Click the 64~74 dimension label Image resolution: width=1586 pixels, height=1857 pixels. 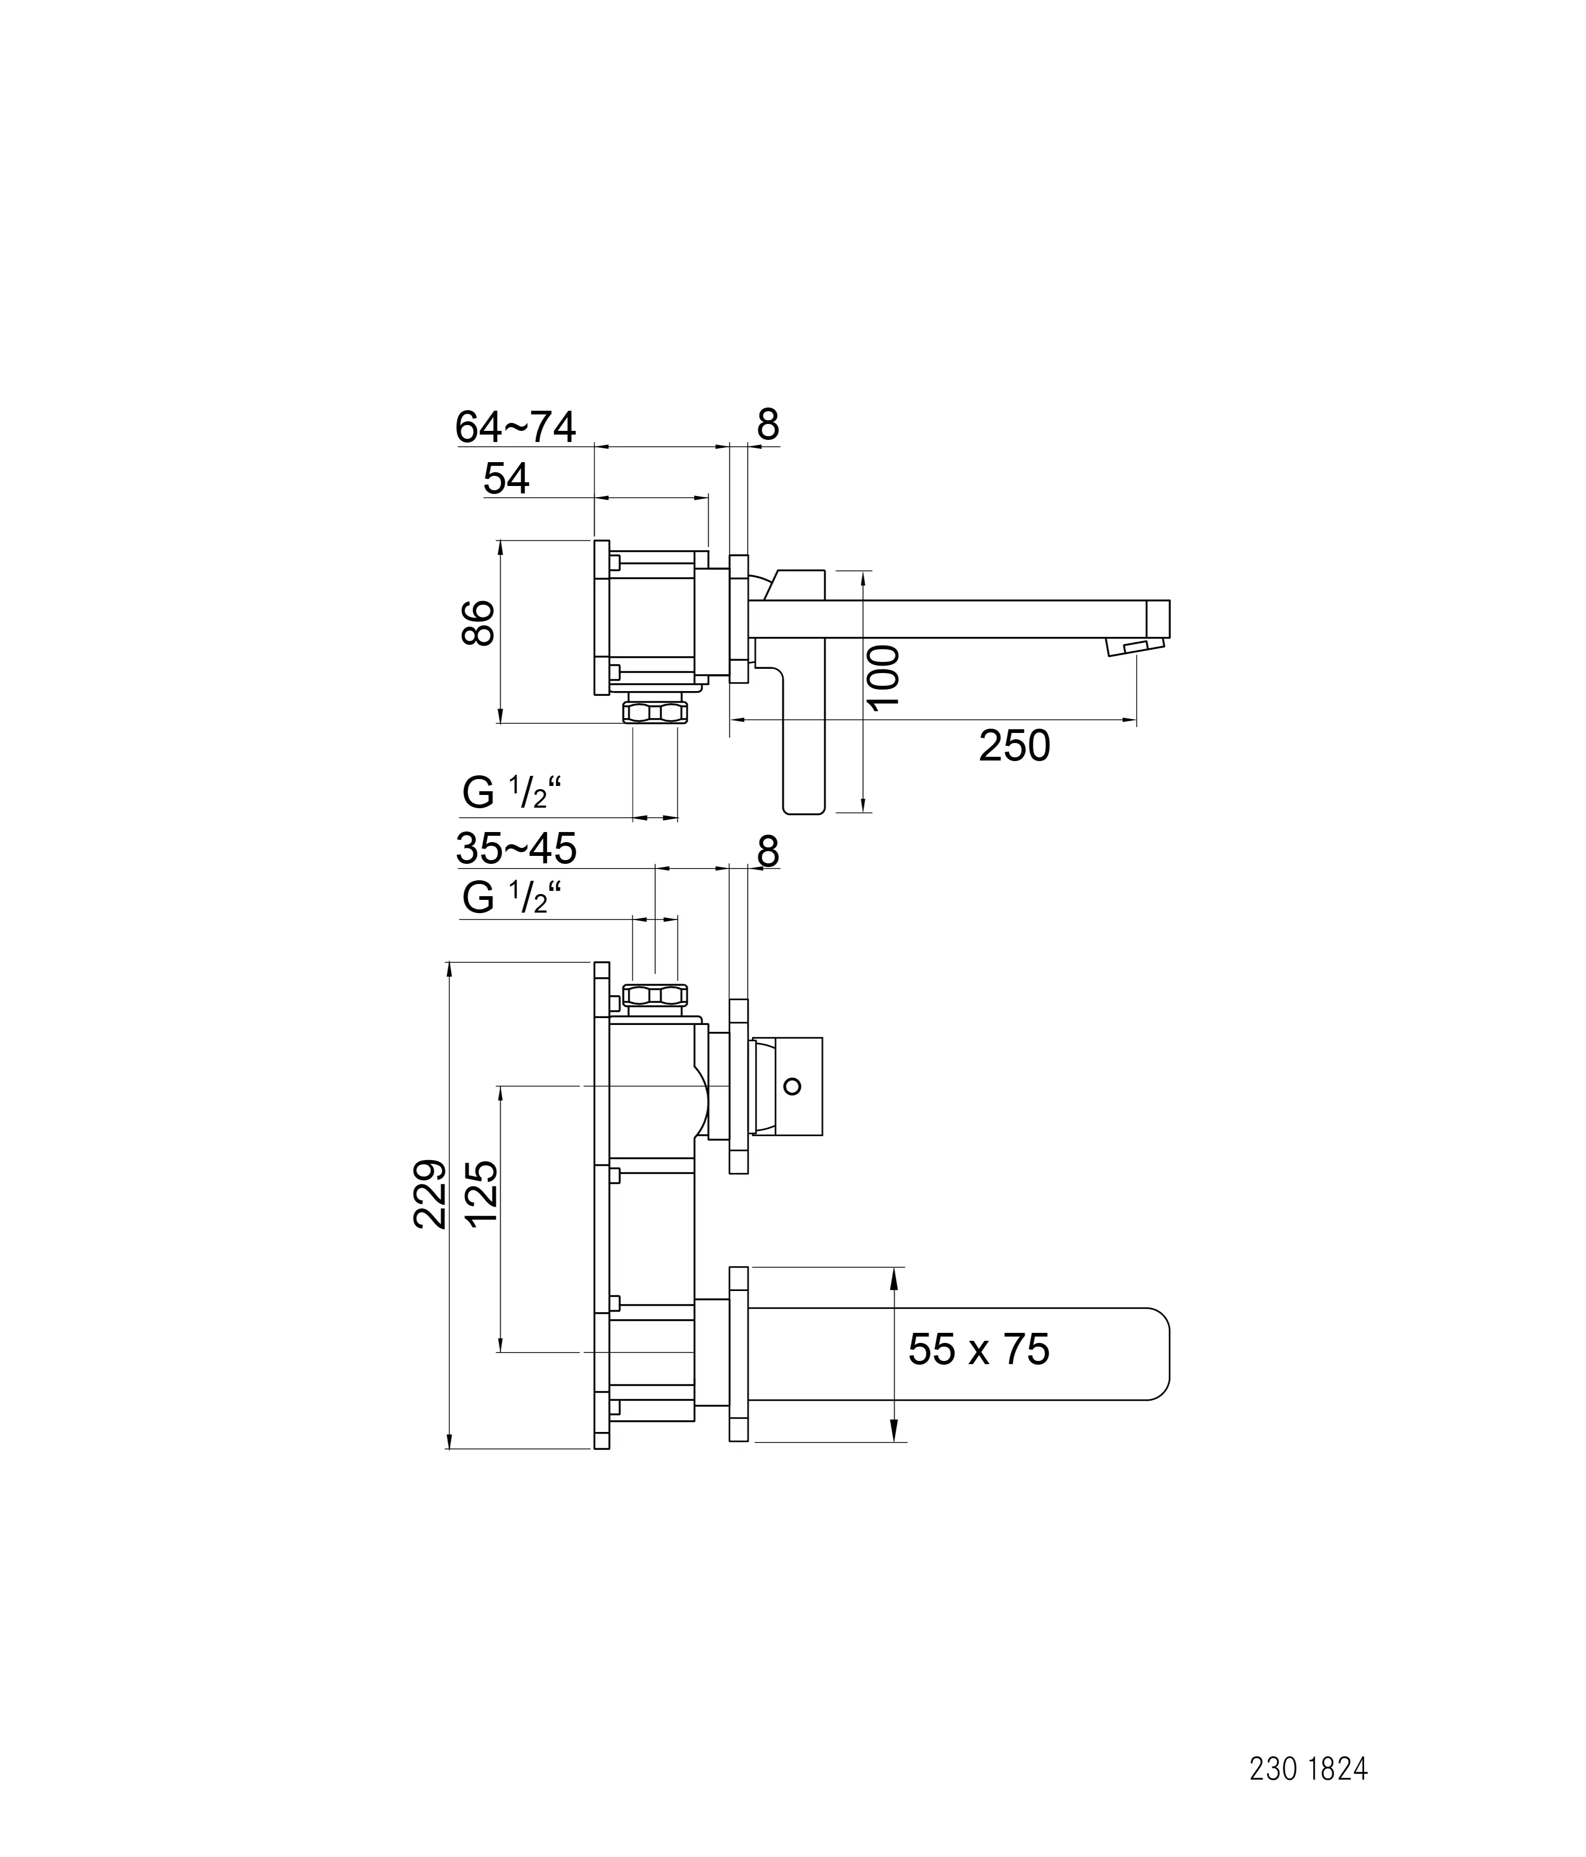[515, 428]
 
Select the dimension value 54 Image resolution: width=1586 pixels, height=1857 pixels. [506, 480]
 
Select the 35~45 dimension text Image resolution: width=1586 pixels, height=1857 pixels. [516, 848]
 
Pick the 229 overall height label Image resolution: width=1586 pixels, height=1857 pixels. [430, 1195]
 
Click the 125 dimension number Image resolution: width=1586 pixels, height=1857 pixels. [482, 1195]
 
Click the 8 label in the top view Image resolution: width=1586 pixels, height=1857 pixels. [768, 426]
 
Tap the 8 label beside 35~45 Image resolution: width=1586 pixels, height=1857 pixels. [768, 852]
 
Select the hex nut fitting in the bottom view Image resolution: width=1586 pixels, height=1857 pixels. [655, 995]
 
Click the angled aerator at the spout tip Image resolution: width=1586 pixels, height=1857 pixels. [1134, 646]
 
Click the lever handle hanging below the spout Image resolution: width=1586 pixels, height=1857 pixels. [803, 744]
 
